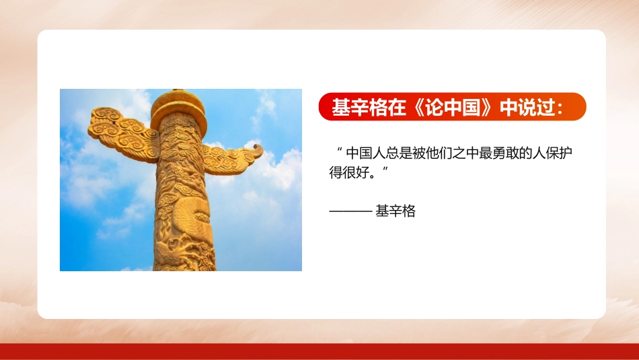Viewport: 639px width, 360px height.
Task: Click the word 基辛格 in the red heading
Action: click(354, 108)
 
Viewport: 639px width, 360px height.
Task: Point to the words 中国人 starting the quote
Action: click(363, 154)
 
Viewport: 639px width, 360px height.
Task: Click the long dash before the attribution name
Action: click(350, 211)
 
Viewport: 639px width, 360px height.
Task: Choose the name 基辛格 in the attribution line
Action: click(396, 211)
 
